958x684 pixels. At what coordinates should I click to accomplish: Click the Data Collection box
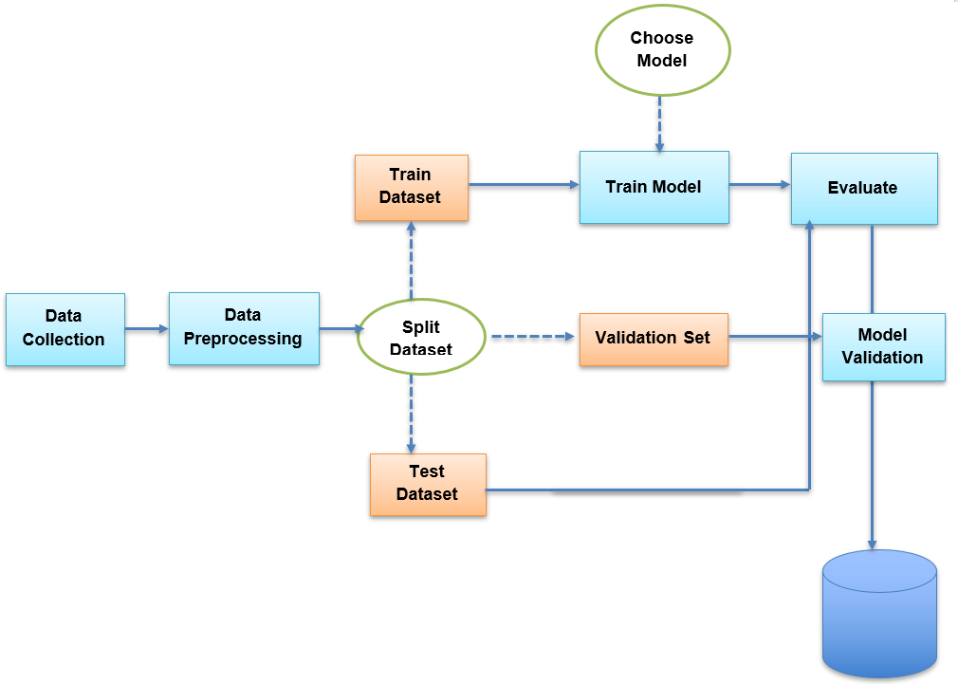coord(64,328)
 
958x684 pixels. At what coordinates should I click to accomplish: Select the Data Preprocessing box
coord(244,327)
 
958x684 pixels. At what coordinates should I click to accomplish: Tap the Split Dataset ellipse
coord(421,338)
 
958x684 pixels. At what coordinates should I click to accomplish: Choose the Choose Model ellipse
coord(662,49)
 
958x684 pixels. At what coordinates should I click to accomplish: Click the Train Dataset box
coord(411,187)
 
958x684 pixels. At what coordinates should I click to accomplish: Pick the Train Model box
coord(654,187)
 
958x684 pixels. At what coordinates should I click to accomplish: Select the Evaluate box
coord(863,188)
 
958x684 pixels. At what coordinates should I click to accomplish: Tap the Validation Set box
coord(653,339)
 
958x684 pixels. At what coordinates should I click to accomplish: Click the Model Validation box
coord(883,346)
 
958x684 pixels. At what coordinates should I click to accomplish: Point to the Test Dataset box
coord(427,484)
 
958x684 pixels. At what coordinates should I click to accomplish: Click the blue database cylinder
coord(879,614)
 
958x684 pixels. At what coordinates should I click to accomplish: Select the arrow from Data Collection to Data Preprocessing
coord(146,329)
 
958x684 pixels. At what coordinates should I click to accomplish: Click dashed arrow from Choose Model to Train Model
coord(659,123)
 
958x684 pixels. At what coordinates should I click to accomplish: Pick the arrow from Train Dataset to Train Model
coord(524,185)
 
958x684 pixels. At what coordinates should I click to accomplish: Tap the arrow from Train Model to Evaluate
coord(760,186)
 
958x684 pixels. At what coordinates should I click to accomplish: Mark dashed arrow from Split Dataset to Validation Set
coord(532,337)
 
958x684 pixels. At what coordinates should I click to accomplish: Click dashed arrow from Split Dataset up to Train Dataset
coord(411,260)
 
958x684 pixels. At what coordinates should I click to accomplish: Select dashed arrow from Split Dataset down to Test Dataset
coord(411,414)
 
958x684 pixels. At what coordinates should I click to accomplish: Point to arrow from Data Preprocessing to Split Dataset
coord(341,329)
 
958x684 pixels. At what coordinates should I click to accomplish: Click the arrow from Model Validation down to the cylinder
coord(872,465)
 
